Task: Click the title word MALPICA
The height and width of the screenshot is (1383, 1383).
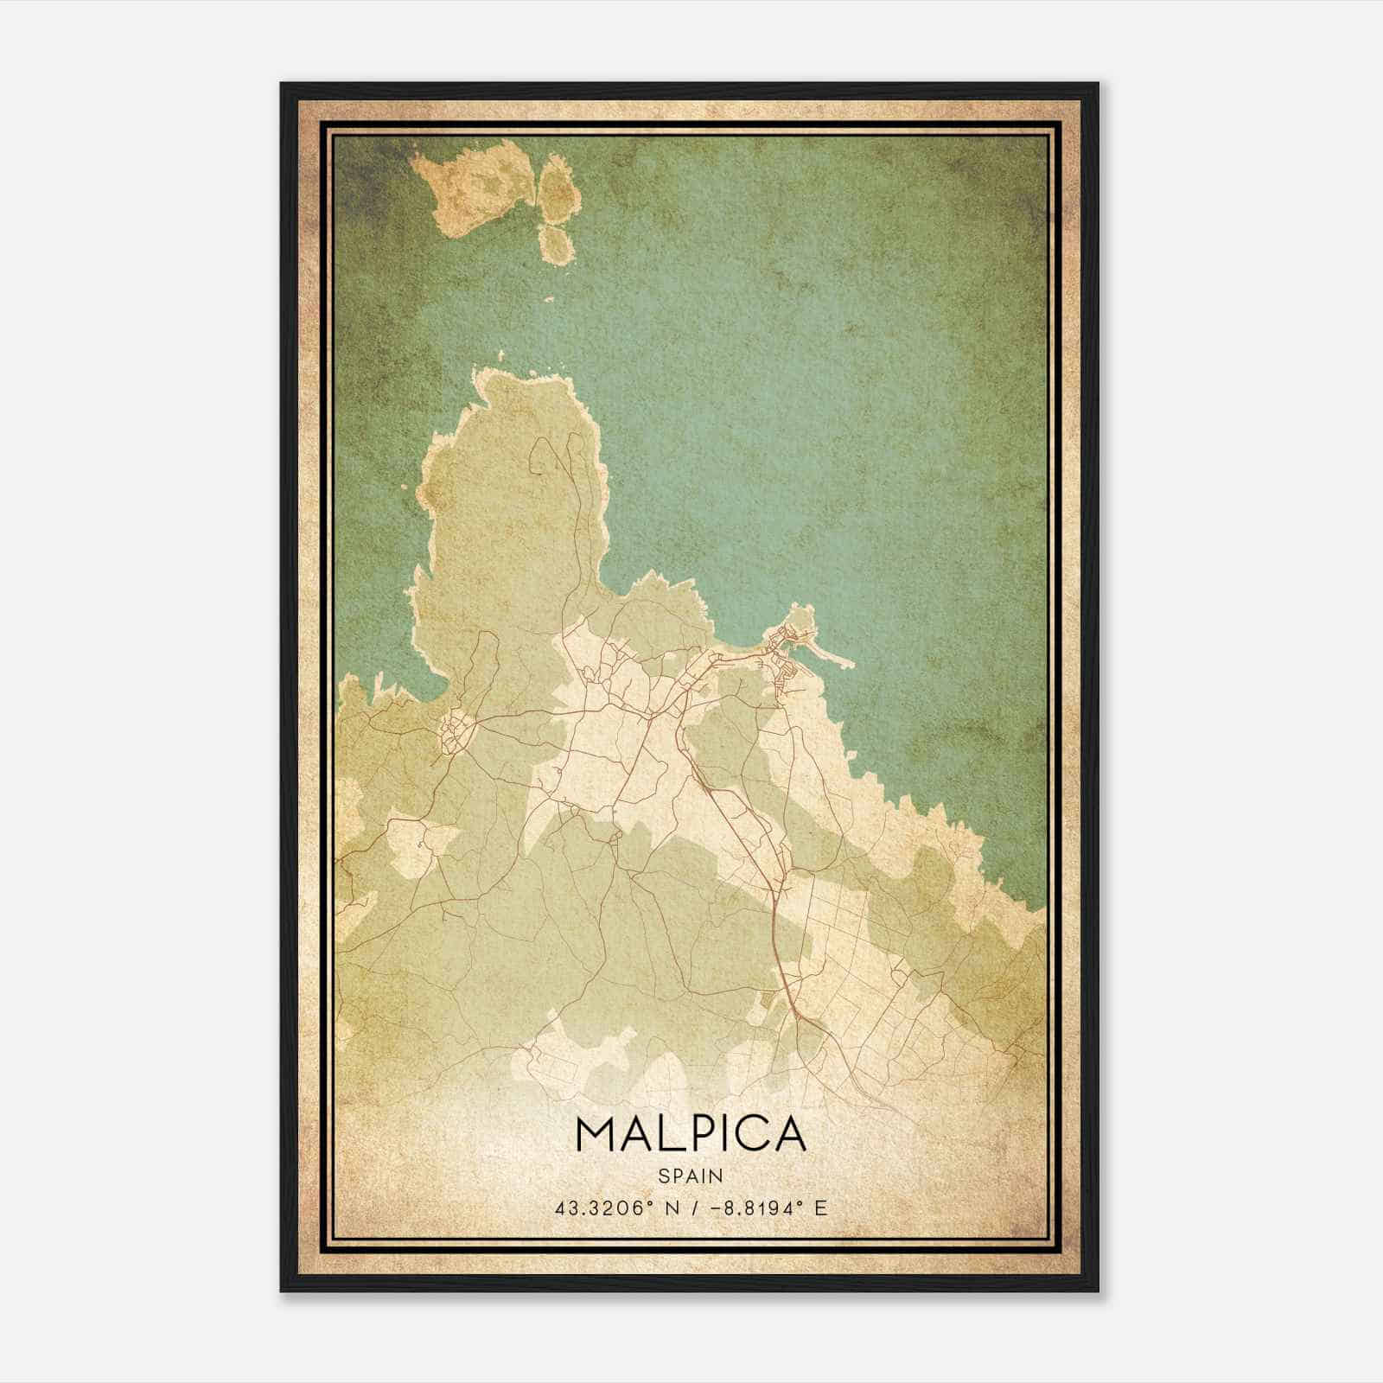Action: tap(690, 1134)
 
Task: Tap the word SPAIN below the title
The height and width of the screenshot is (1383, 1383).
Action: tap(690, 1176)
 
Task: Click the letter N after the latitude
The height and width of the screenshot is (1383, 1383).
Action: tap(668, 1208)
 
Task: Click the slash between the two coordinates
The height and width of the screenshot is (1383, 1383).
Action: tap(690, 1208)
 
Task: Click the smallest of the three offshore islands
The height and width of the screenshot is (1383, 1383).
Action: tap(557, 243)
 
